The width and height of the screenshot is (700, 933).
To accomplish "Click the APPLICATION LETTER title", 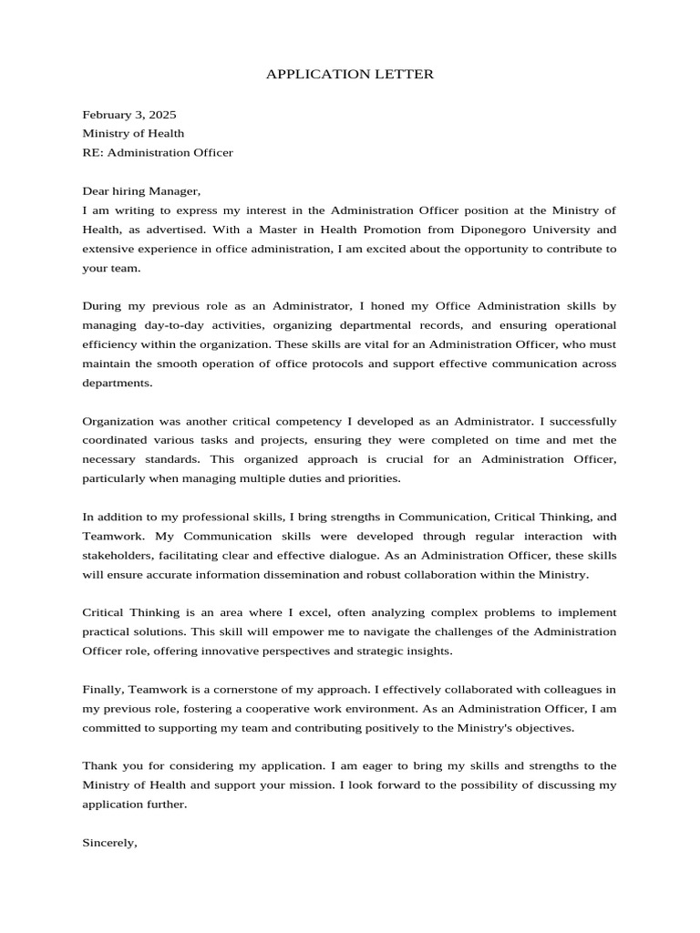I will [x=350, y=74].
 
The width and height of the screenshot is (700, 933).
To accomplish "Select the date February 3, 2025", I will [x=129, y=115].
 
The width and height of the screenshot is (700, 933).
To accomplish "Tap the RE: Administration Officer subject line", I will [x=158, y=152].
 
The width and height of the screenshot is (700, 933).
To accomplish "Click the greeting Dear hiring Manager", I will [x=140, y=191].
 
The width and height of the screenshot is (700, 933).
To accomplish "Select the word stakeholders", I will [x=117, y=555].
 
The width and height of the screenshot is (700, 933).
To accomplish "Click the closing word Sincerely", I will [x=109, y=843].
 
